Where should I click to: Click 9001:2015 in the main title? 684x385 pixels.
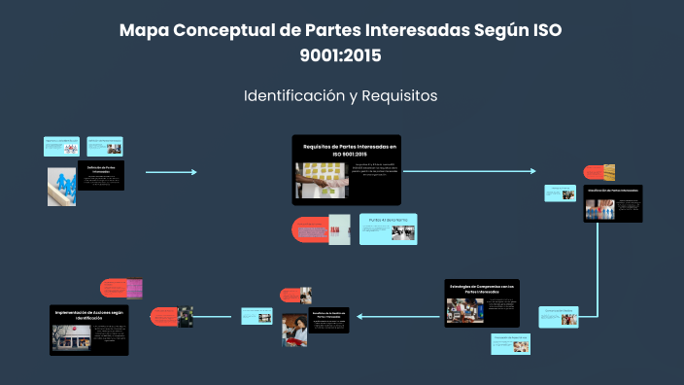click(x=341, y=55)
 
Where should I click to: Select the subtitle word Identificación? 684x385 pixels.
click(x=290, y=97)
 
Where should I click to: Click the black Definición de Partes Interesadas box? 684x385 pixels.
click(x=100, y=176)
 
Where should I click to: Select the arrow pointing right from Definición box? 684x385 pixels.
click(x=171, y=172)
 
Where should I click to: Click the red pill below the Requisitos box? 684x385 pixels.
click(x=309, y=230)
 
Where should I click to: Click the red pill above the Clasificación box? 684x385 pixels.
click(x=598, y=172)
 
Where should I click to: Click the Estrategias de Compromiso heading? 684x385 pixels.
click(x=482, y=287)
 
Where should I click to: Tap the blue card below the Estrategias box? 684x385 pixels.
click(x=510, y=340)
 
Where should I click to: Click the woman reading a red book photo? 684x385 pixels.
click(x=294, y=331)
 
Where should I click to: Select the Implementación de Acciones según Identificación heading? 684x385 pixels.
click(x=88, y=314)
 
